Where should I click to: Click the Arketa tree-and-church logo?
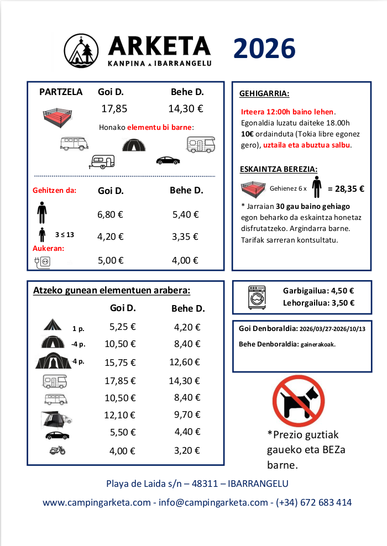click(82, 50)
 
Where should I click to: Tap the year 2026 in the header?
click(264, 50)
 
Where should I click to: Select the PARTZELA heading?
click(61, 92)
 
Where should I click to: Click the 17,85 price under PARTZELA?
click(114, 109)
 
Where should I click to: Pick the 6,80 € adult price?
click(110, 214)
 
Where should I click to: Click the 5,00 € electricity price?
click(110, 261)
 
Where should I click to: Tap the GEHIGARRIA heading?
click(264, 93)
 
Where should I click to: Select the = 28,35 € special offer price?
click(346, 188)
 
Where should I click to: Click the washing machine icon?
click(257, 297)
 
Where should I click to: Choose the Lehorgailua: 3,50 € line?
click(318, 303)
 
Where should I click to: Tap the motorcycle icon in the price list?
click(57, 450)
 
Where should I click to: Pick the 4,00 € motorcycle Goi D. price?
click(122, 451)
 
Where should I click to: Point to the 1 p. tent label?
click(78, 329)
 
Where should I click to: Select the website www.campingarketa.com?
click(97, 502)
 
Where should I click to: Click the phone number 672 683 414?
click(327, 502)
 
